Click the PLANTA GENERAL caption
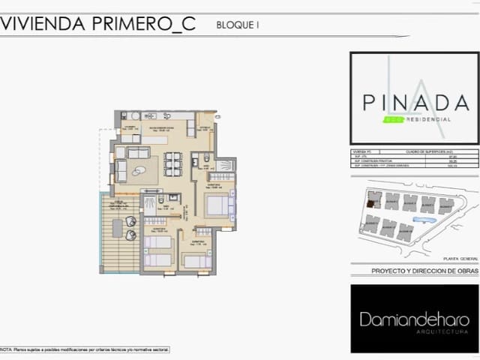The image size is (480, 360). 459,257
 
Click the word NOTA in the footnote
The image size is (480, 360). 6,349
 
